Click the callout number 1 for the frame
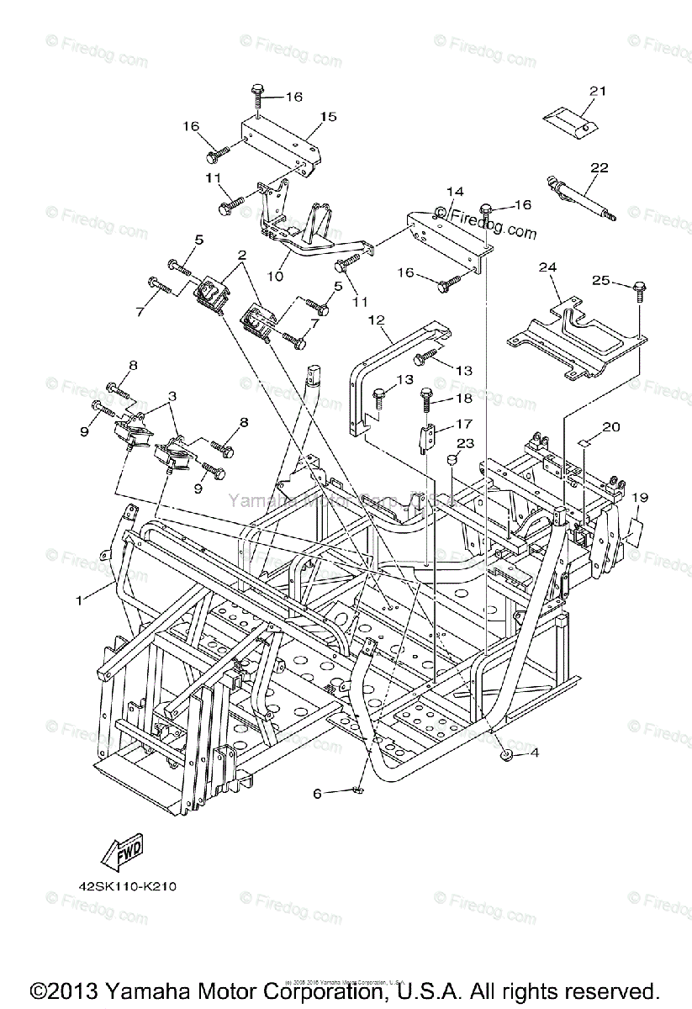pyautogui.click(x=80, y=600)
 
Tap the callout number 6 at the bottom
pyautogui.click(x=317, y=793)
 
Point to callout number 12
pyautogui.click(x=375, y=320)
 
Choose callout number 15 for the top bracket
pyautogui.click(x=327, y=117)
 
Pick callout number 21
pyautogui.click(x=598, y=91)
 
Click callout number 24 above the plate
pyautogui.click(x=548, y=267)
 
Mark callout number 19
pyautogui.click(x=641, y=498)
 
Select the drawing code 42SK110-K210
pyautogui.click(x=123, y=886)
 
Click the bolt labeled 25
pyautogui.click(x=639, y=293)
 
